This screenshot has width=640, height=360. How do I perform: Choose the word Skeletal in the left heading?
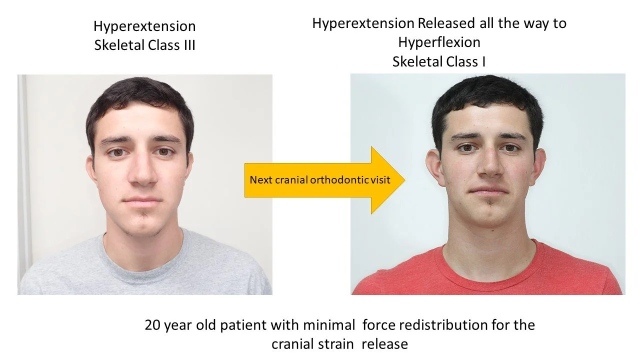point(119,45)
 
